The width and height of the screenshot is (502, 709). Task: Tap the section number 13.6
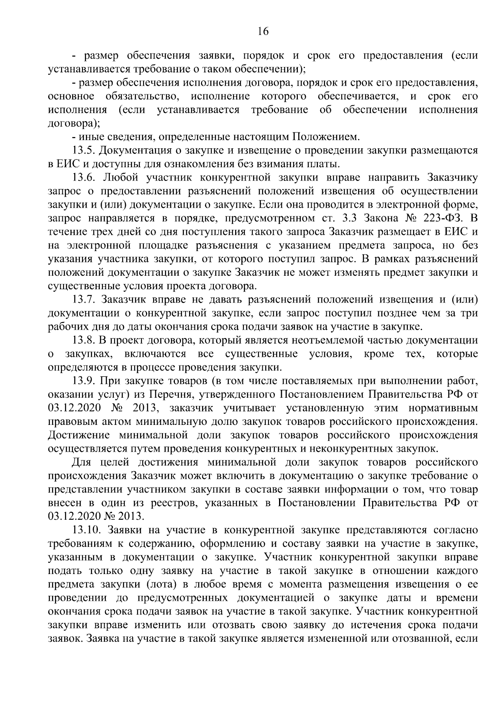point(85,177)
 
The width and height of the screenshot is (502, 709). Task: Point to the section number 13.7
point(85,300)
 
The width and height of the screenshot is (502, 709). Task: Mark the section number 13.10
point(87,530)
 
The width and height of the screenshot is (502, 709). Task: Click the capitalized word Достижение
point(78,435)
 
